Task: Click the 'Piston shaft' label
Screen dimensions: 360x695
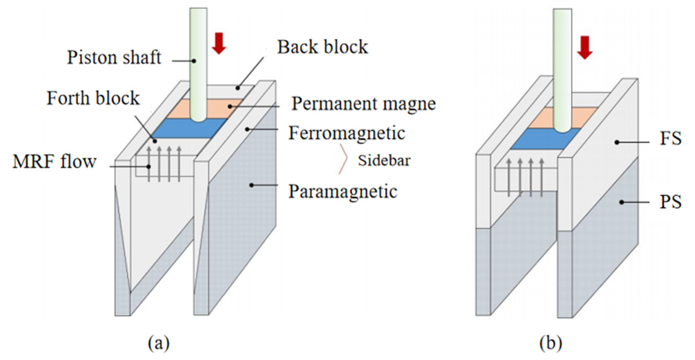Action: (114, 57)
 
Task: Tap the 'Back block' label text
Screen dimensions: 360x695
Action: (323, 47)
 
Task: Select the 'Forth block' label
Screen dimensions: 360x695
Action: (93, 98)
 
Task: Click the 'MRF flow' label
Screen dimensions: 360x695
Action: (54, 162)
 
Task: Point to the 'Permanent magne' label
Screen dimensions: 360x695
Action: (363, 104)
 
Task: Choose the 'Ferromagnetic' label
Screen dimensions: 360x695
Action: (347, 133)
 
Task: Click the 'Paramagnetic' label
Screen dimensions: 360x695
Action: (343, 192)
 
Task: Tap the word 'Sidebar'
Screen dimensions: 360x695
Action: (384, 161)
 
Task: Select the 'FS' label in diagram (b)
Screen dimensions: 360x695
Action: (670, 139)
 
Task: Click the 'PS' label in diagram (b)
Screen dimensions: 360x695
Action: (670, 202)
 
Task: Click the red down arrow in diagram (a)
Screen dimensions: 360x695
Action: (219, 43)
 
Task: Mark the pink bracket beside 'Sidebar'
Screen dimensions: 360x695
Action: (343, 159)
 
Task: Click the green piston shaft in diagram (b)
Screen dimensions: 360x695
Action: (562, 71)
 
